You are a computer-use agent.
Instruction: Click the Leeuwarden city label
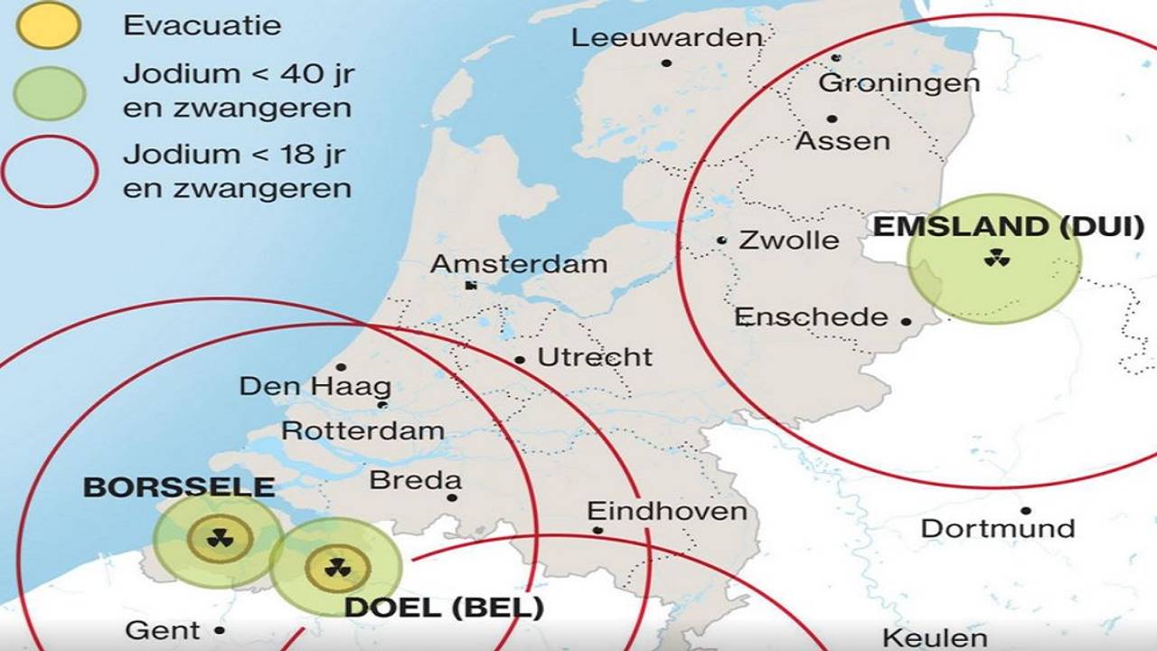(x=667, y=38)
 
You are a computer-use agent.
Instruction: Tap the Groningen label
(x=898, y=83)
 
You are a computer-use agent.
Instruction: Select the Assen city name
(x=842, y=141)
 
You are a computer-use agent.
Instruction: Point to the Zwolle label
(x=789, y=241)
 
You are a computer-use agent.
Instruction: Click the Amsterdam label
(x=519, y=264)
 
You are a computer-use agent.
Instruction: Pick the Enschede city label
(x=811, y=316)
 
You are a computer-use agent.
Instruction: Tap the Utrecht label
(x=595, y=357)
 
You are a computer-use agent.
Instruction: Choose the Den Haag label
(x=315, y=387)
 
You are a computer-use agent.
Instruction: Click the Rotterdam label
(x=362, y=430)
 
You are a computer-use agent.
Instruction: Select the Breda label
(x=415, y=480)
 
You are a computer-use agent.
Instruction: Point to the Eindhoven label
(x=667, y=512)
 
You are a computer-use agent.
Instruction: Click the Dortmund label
(x=998, y=529)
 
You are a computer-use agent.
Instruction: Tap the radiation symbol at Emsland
(x=997, y=259)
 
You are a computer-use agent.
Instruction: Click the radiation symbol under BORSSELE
(x=220, y=539)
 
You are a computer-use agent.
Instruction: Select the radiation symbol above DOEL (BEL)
(x=337, y=568)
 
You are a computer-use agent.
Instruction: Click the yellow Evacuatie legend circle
(x=48, y=24)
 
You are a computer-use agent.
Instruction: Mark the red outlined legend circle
(x=49, y=171)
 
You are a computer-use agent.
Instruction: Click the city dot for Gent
(x=219, y=630)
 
